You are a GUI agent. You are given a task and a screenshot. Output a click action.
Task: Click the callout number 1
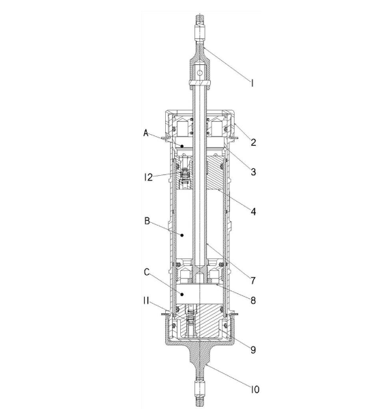252,83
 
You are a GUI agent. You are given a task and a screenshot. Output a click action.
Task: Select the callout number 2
253,142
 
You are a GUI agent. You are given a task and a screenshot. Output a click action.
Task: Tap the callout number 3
253,172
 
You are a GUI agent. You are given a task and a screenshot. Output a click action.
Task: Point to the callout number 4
253,211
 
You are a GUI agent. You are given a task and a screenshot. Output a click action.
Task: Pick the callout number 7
253,281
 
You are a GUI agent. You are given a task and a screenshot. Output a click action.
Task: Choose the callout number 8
253,301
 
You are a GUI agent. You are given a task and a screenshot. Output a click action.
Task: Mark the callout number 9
253,350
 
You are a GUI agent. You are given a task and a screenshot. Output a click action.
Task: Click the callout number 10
255,390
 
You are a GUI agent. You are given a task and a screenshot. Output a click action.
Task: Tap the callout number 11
146,301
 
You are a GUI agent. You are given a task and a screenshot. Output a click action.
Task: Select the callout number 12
149,177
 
